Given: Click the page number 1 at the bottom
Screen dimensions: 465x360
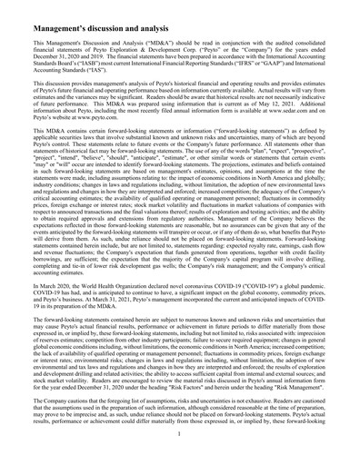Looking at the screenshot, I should tap(180, 459).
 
